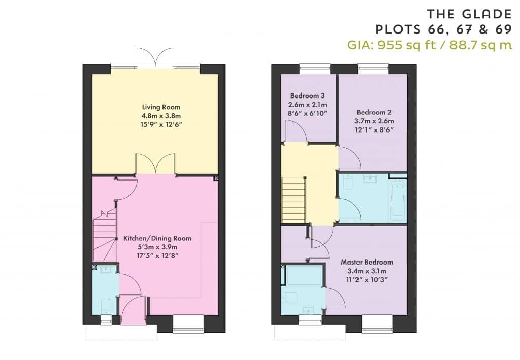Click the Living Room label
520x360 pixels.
point(161,107)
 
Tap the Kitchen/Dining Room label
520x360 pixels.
point(157,238)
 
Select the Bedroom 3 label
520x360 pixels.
point(307,96)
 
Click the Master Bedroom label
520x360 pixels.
point(367,262)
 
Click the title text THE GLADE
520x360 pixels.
point(469,14)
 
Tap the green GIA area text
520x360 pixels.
point(430,44)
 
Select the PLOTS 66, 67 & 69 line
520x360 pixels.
point(444,29)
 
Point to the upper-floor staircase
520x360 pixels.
point(294,200)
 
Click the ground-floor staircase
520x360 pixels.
point(105,236)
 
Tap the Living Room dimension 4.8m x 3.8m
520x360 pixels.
point(161,116)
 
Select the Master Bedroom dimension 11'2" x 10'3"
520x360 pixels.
point(367,279)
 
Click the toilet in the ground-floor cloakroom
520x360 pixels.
point(106,306)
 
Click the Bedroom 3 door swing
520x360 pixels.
point(296,131)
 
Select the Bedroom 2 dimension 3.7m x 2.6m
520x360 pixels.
point(374,121)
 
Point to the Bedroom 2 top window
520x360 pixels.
point(373,69)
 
